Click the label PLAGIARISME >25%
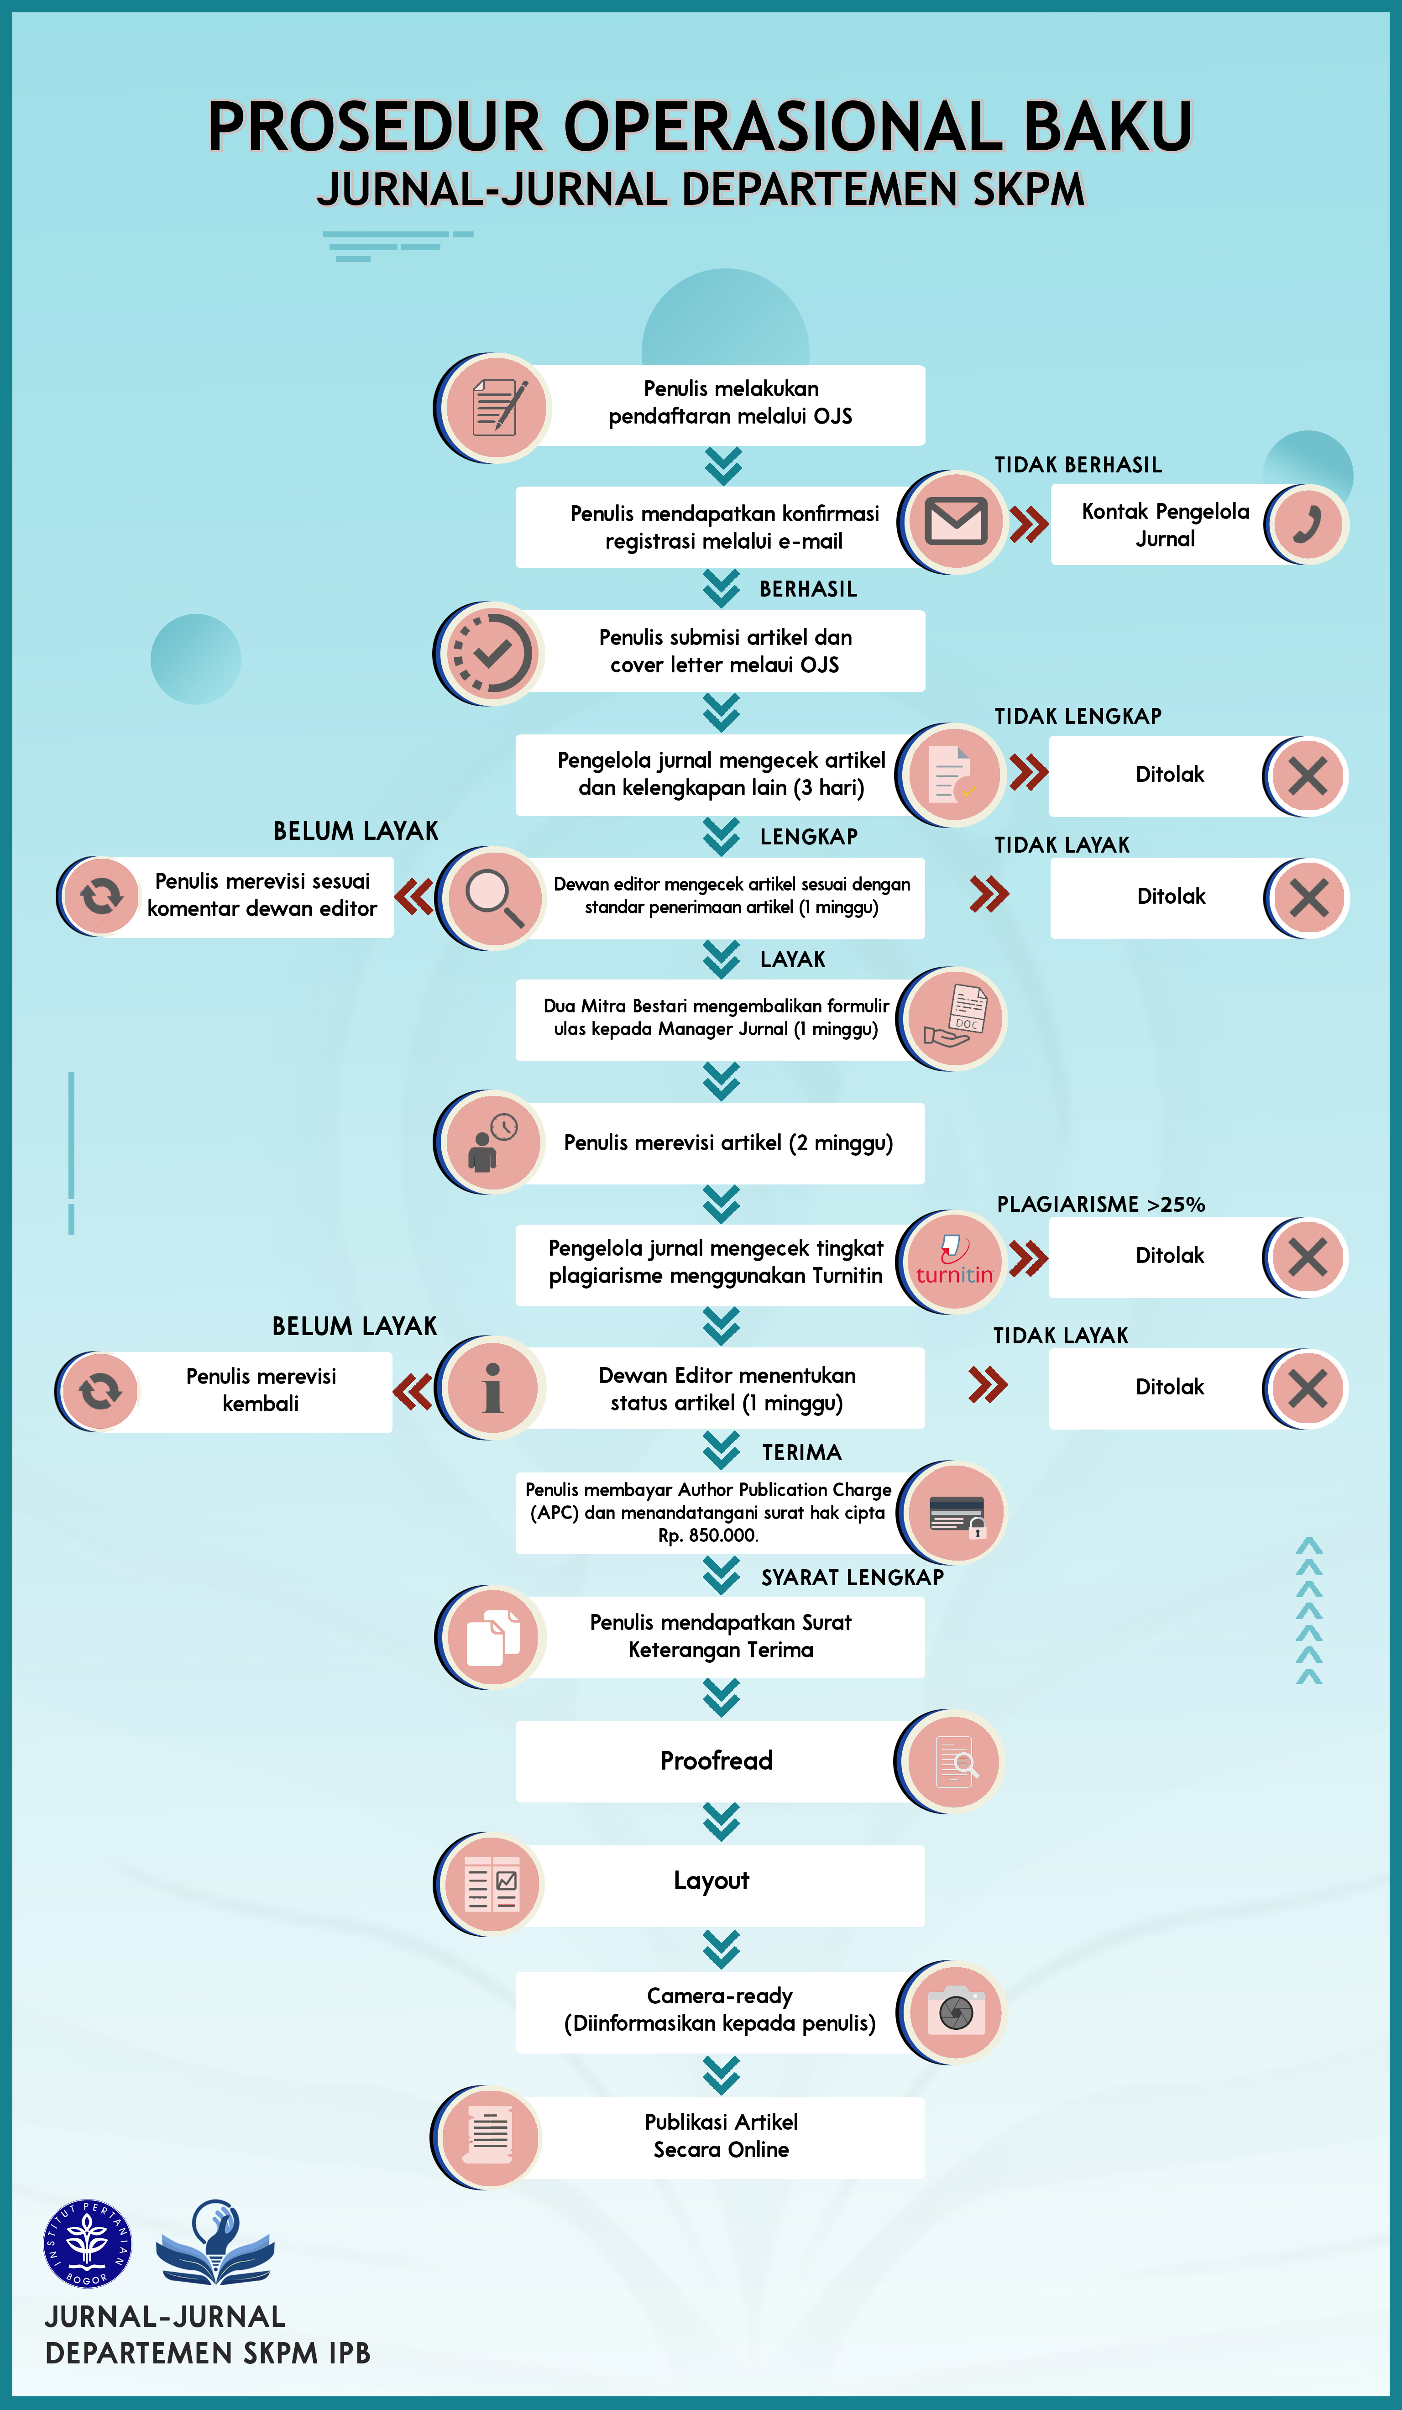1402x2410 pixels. (1101, 1204)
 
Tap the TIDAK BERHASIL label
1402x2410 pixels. (1078, 465)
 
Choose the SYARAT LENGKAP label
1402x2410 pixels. (852, 1577)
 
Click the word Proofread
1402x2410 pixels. (717, 1760)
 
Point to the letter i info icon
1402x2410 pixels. (492, 1388)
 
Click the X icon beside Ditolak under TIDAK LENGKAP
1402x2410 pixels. (1308, 775)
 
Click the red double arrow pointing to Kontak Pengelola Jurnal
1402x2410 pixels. (1029, 524)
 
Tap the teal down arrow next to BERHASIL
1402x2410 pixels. (721, 589)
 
